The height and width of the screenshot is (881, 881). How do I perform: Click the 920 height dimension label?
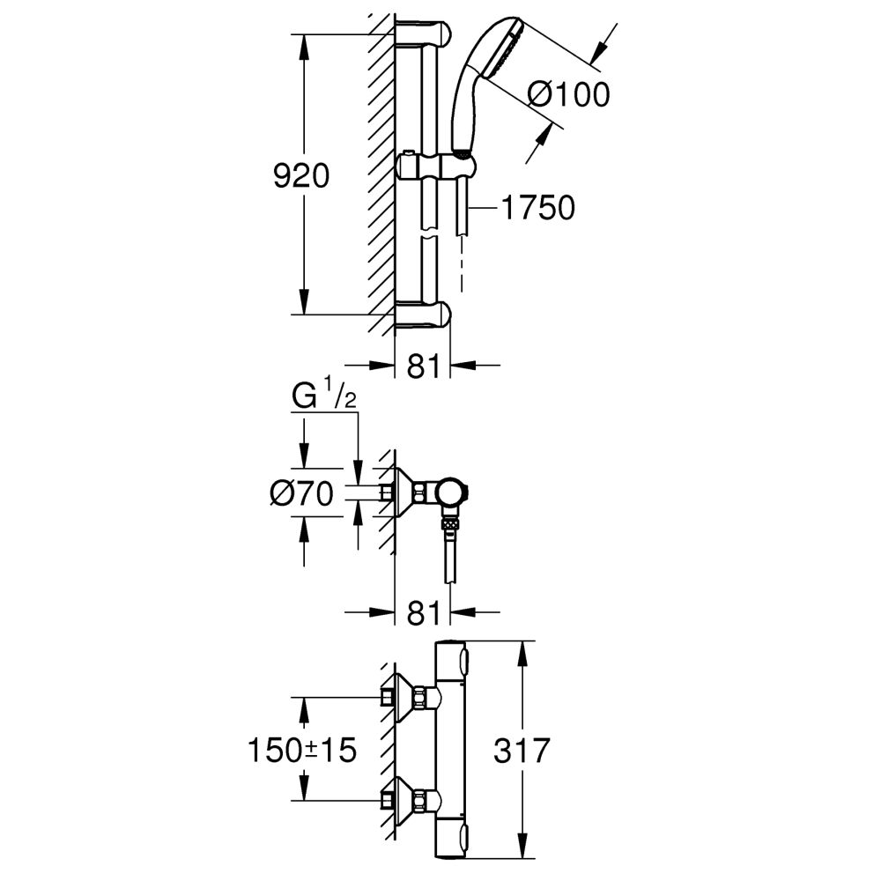click(x=301, y=176)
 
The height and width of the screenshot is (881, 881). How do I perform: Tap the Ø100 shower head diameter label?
click(x=569, y=94)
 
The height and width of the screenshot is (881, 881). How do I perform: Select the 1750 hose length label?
click(x=537, y=207)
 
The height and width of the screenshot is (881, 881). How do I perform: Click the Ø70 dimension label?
click(x=302, y=494)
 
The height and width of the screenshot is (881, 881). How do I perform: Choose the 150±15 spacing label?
click(x=302, y=750)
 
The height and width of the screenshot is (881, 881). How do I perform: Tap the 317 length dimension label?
click(x=522, y=750)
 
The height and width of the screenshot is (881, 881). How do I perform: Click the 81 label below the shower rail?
click(x=423, y=366)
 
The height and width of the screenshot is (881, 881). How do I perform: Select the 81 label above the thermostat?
click(x=423, y=612)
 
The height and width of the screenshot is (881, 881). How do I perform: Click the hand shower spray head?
click(x=502, y=48)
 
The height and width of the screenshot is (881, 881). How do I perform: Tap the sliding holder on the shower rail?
click(x=436, y=167)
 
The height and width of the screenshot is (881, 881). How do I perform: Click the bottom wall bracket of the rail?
click(x=423, y=315)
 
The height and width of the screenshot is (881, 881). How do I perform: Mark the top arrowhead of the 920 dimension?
click(x=303, y=46)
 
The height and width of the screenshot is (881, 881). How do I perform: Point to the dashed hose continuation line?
click(x=462, y=264)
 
